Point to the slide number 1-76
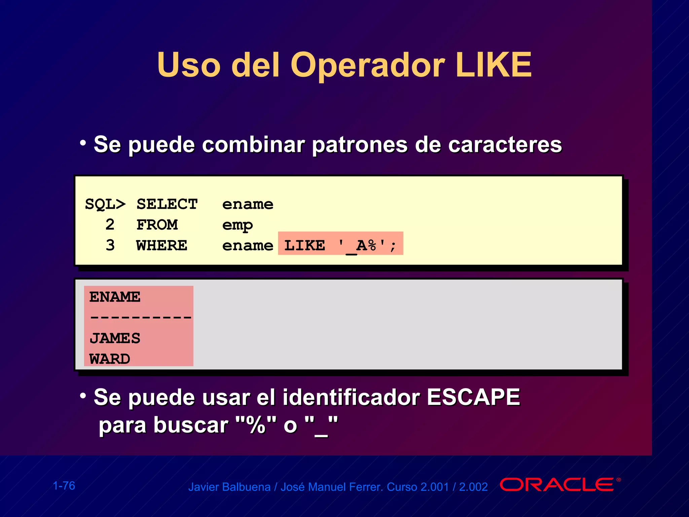click(x=64, y=486)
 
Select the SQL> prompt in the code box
click(x=105, y=204)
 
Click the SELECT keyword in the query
click(x=167, y=204)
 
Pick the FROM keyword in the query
click(x=157, y=225)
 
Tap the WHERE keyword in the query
click(x=161, y=245)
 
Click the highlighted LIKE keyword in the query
click(x=304, y=245)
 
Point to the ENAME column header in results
click(x=115, y=297)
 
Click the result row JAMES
click(x=115, y=338)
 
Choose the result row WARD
click(x=110, y=359)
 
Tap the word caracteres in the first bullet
click(x=505, y=145)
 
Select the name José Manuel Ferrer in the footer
click(x=331, y=487)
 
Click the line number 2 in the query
click(x=110, y=225)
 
